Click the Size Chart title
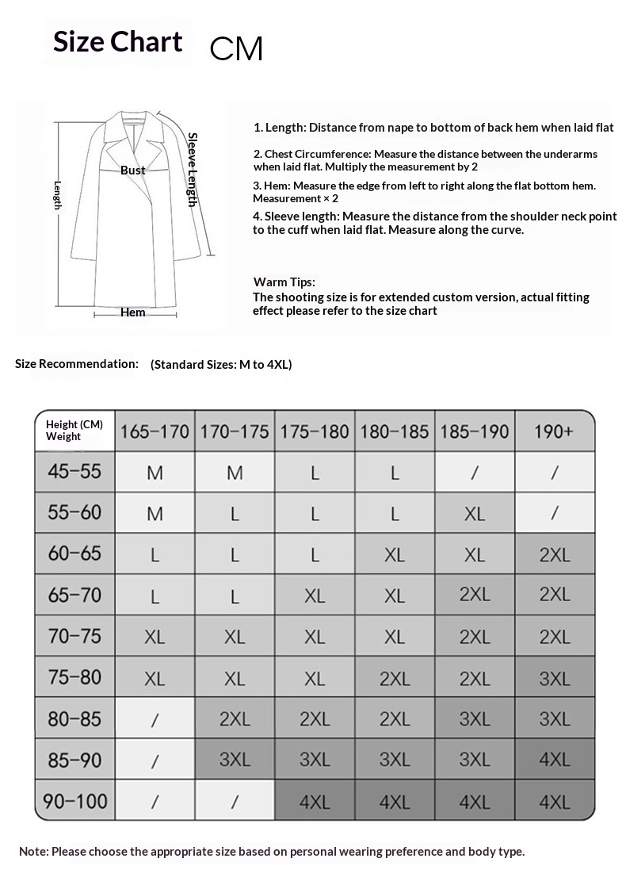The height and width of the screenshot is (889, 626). click(117, 41)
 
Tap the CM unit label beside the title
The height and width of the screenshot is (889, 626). click(235, 49)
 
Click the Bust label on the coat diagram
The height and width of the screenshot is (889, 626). click(132, 171)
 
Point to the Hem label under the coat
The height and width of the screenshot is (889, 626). click(132, 312)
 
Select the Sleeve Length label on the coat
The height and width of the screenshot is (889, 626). click(192, 170)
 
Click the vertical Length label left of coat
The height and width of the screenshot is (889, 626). click(58, 195)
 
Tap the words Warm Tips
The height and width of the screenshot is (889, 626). click(284, 282)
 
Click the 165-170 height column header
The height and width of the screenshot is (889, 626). click(155, 431)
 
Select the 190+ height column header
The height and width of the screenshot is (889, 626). click(554, 431)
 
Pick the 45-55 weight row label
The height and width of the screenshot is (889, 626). click(74, 471)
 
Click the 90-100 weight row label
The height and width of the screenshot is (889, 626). click(74, 801)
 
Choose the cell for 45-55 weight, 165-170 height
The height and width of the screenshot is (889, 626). click(155, 473)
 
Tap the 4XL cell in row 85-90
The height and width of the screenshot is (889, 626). click(554, 760)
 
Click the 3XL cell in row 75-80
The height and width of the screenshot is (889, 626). click(554, 678)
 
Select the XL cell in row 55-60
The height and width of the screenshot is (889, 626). click(474, 514)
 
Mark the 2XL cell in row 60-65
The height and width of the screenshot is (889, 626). click(554, 555)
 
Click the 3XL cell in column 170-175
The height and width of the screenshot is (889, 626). click(235, 760)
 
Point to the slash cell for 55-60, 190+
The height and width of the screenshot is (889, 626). click(554, 514)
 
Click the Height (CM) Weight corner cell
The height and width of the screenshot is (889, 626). click(74, 431)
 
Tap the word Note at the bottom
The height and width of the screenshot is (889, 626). click(34, 852)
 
